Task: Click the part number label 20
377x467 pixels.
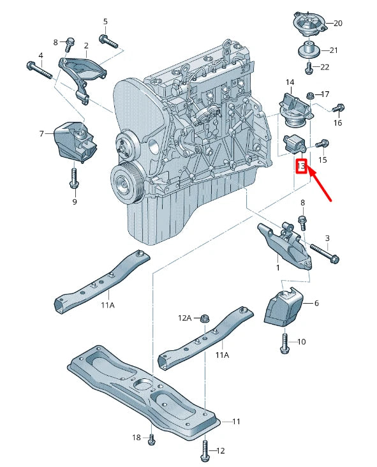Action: (x=337, y=24)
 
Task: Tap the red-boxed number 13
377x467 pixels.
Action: (x=302, y=167)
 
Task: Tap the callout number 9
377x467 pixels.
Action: (x=74, y=202)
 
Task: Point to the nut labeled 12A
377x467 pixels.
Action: (x=205, y=318)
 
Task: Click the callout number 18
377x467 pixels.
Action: (x=136, y=437)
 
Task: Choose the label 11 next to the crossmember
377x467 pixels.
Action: (x=236, y=422)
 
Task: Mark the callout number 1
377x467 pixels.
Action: (x=277, y=268)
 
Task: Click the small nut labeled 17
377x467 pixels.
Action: (x=310, y=96)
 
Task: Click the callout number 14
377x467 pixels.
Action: (x=290, y=82)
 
